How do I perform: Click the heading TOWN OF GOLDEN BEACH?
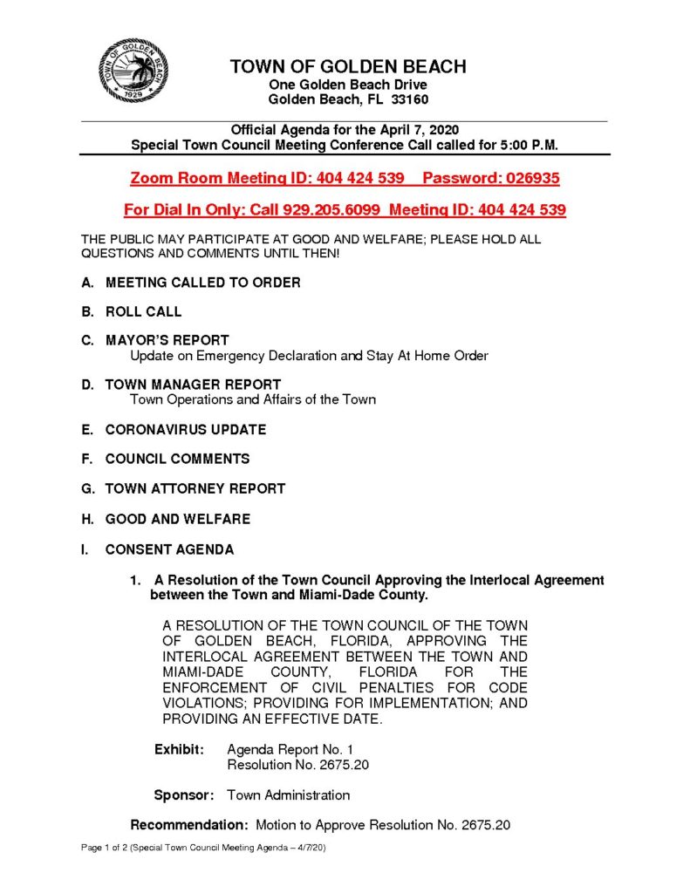pyautogui.click(x=348, y=67)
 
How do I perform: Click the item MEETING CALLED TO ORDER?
pyautogui.click(x=202, y=283)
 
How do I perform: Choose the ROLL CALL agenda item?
pyautogui.click(x=143, y=311)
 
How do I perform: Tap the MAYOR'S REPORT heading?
pyautogui.click(x=167, y=340)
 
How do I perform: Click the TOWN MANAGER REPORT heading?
pyautogui.click(x=193, y=385)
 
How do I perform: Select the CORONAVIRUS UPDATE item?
pyautogui.click(x=186, y=430)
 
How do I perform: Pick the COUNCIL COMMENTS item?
pyautogui.click(x=177, y=459)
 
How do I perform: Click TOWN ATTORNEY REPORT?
pyautogui.click(x=195, y=489)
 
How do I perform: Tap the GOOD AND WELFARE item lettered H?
pyautogui.click(x=177, y=519)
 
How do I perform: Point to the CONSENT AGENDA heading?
pyautogui.click(x=169, y=550)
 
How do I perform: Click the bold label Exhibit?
pyautogui.click(x=180, y=749)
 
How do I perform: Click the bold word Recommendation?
pyautogui.click(x=189, y=825)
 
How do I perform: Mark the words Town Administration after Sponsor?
pyautogui.click(x=288, y=795)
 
